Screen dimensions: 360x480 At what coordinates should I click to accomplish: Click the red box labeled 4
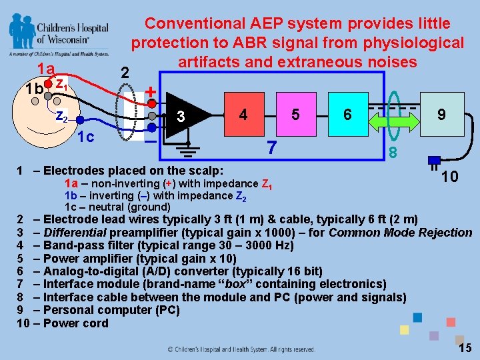tap(243, 115)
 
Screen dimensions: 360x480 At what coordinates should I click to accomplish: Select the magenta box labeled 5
tap(295, 115)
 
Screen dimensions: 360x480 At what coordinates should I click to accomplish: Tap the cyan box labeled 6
tap(347, 115)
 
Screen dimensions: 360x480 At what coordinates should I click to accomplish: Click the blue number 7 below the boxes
tap(270, 147)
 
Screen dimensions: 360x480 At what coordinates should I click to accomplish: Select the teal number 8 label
tap(394, 153)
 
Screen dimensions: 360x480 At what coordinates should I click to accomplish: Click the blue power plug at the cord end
tap(434, 161)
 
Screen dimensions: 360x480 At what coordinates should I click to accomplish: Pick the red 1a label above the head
tap(45, 69)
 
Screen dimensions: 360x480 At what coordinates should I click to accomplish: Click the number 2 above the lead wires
tap(123, 72)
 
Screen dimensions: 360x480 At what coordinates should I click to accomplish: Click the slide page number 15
tap(465, 347)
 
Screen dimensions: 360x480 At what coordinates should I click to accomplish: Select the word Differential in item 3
tap(74, 233)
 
